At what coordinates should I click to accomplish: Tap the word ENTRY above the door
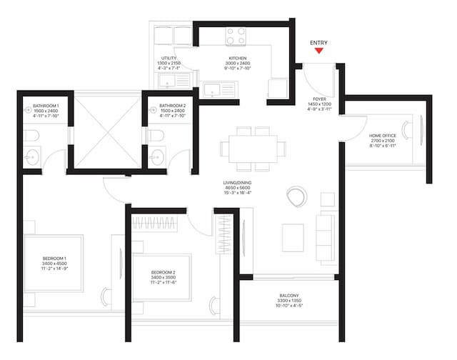click(318, 43)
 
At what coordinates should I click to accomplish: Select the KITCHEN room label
click(237, 58)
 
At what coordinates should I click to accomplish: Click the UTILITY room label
click(169, 58)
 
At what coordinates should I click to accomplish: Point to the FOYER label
click(319, 99)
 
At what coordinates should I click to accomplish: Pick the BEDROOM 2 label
click(164, 272)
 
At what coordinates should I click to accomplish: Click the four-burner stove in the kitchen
click(236, 36)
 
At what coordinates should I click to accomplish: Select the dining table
click(253, 149)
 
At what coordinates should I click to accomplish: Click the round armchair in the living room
click(296, 195)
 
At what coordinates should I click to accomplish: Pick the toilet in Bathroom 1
click(29, 135)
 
